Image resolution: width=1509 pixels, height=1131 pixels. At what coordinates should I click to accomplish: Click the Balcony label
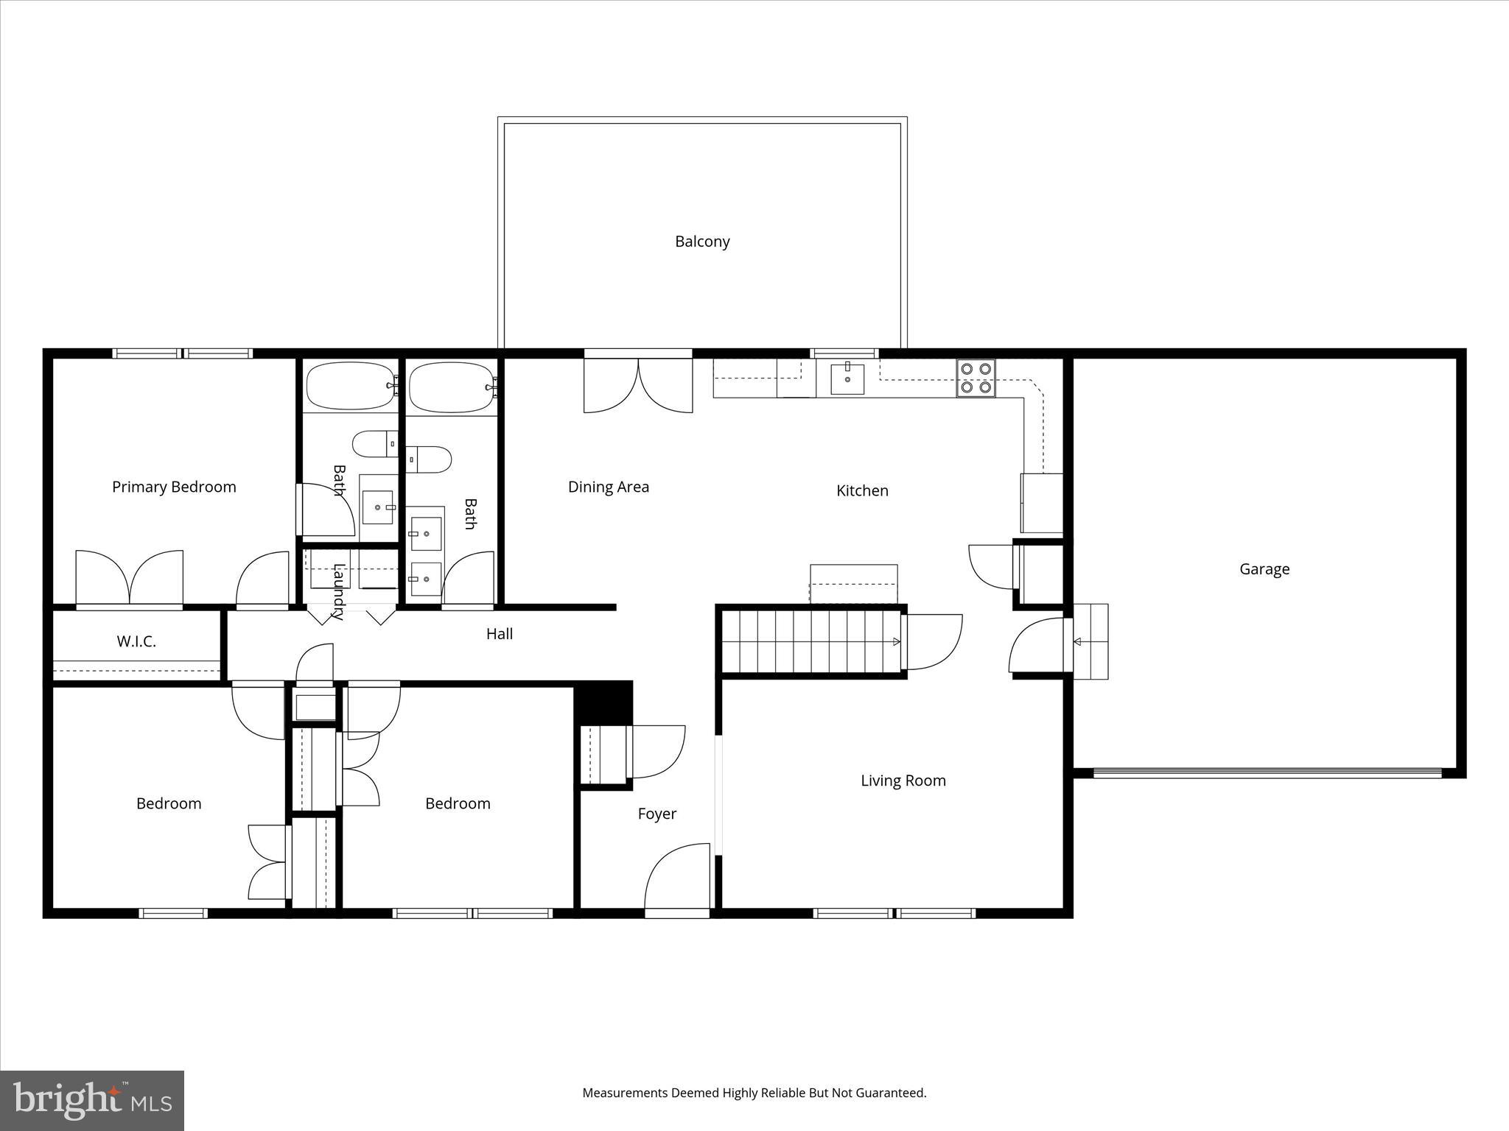[701, 242]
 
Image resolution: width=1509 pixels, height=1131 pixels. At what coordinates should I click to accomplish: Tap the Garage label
[1264, 569]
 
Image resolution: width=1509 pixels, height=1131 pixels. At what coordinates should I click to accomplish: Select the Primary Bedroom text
[174, 487]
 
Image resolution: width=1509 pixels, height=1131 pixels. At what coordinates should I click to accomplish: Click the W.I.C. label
[136, 641]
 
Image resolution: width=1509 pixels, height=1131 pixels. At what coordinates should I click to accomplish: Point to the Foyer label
[657, 814]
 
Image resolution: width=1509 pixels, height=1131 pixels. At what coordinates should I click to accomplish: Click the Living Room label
[903, 781]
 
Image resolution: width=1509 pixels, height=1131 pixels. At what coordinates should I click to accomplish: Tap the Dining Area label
[608, 487]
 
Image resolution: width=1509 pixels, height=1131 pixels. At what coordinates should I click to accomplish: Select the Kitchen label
[861, 490]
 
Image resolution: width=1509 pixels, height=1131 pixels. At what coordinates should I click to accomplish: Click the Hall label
[499, 634]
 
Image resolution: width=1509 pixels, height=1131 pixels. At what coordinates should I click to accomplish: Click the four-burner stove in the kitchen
[976, 378]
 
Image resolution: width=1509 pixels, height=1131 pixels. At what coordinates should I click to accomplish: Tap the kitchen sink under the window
[847, 379]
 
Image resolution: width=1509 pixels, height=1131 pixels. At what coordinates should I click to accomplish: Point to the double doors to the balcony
[638, 384]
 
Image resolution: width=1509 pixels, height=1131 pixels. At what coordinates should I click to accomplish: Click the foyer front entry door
[676, 880]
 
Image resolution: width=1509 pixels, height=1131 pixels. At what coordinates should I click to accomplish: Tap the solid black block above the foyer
[603, 702]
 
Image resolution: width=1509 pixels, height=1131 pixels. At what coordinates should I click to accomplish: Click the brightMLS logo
[92, 1100]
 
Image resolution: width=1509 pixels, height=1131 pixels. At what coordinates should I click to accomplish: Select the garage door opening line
[1267, 773]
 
